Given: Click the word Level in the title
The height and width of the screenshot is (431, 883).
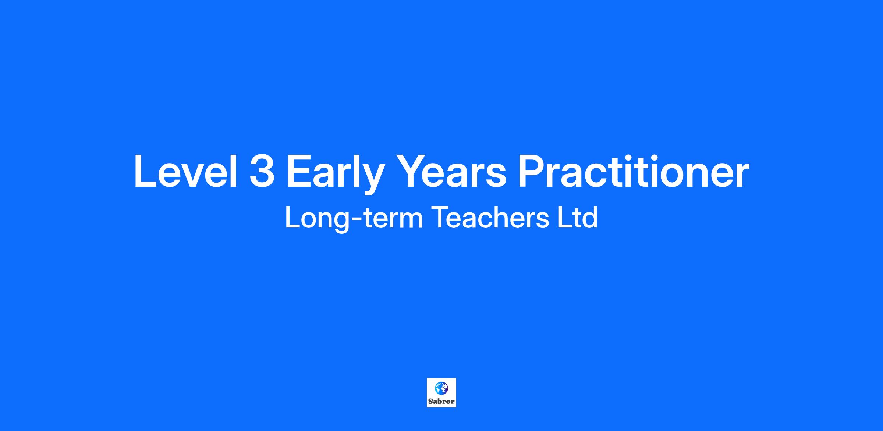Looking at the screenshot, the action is click(185, 171).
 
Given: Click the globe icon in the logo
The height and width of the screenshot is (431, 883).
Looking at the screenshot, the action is click(441, 388).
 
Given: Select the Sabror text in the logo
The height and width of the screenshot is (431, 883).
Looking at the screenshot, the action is click(441, 401).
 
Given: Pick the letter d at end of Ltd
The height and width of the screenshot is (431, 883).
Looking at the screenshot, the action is click(589, 218).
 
